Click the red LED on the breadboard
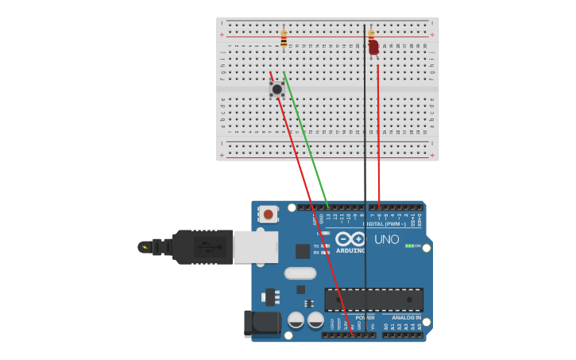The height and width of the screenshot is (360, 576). tap(373, 48)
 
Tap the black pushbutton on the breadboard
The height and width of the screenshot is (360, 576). tap(276, 89)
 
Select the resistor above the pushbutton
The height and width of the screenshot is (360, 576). tap(284, 38)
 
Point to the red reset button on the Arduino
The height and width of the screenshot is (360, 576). tap(269, 214)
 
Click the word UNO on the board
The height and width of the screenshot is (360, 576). tap(386, 239)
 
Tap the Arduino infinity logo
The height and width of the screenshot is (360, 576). tap(350, 239)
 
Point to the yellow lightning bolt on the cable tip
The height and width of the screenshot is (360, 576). tap(144, 247)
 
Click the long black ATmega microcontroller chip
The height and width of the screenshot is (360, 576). tap(373, 300)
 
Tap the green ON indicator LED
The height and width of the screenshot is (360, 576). tap(410, 246)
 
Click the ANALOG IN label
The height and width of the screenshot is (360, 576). tap(406, 318)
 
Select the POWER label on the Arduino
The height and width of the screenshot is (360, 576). tap(353, 317)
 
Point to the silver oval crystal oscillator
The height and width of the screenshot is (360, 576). tap(300, 273)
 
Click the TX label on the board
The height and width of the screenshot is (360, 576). tap(315, 246)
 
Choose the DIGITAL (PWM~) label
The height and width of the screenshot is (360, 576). tap(384, 223)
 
